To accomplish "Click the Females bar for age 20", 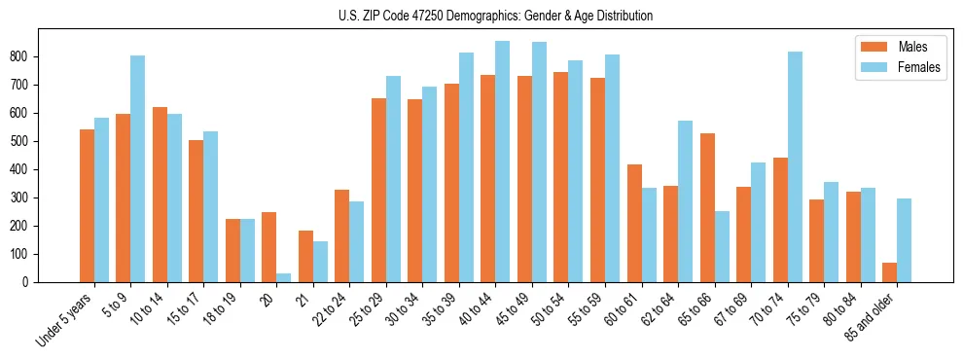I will pos(283,277).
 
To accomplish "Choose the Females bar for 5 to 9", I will pos(138,168).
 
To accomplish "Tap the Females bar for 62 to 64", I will pos(685,201).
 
